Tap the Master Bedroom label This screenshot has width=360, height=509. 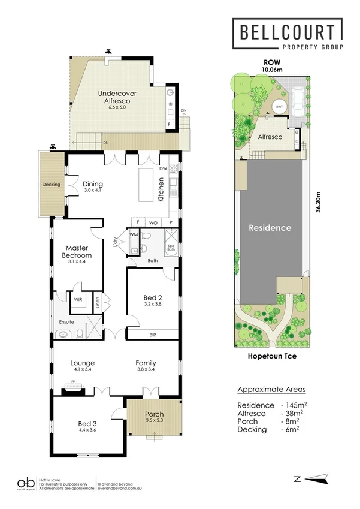[77, 252]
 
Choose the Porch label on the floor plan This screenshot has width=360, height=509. [154, 414]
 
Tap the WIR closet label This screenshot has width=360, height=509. [78, 299]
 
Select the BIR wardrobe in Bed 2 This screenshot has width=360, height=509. [153, 335]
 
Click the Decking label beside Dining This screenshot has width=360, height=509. [52, 185]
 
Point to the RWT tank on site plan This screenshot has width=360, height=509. [279, 107]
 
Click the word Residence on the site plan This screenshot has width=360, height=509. [270, 228]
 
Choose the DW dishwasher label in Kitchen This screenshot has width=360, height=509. [162, 169]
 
